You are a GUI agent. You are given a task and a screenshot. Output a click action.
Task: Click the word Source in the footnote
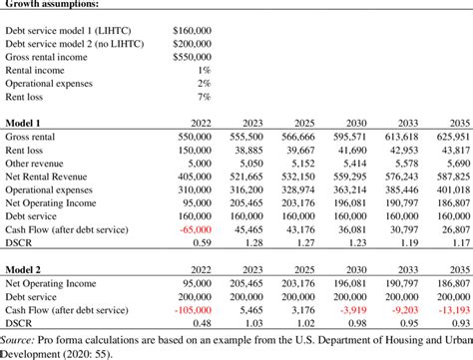[21, 340]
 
